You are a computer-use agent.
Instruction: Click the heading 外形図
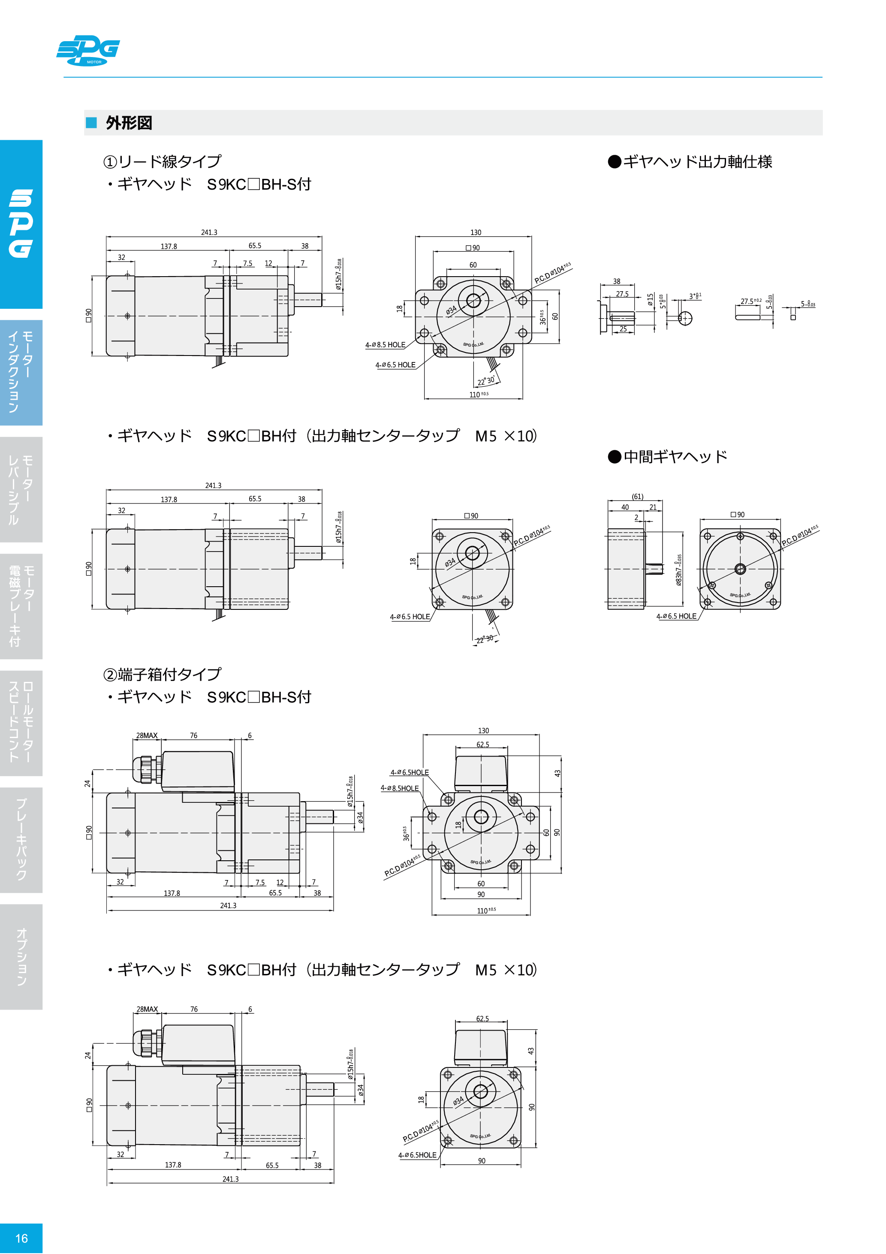point(129,123)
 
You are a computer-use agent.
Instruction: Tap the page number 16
point(21,1238)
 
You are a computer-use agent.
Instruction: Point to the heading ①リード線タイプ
point(162,162)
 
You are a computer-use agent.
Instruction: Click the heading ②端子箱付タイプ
point(162,675)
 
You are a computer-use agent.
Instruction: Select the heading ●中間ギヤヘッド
point(668,457)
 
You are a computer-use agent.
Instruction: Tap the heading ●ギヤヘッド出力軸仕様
point(690,162)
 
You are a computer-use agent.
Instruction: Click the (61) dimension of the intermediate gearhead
point(637,497)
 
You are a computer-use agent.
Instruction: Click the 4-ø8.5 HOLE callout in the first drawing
point(385,345)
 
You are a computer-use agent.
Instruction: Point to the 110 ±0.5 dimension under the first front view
point(479,394)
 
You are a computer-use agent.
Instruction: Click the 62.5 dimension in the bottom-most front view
point(482,1019)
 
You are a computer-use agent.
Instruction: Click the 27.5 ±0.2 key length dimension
point(750,301)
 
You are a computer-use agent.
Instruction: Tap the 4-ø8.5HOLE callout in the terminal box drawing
point(399,788)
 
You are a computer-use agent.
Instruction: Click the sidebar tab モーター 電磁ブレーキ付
point(21,606)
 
